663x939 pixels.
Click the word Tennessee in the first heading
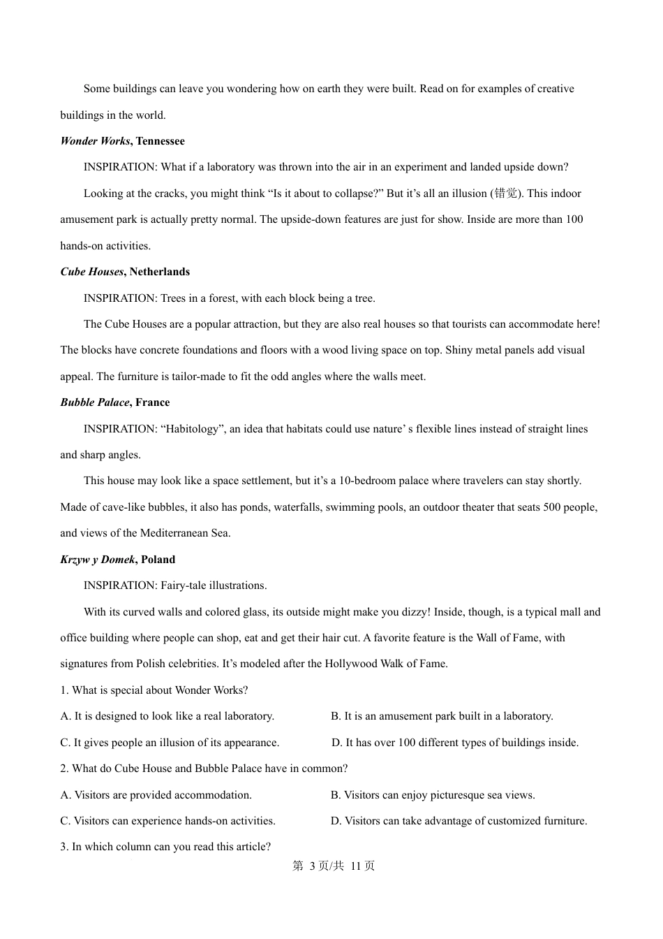pyautogui.click(x=161, y=141)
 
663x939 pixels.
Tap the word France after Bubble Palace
pyautogui.click(x=153, y=402)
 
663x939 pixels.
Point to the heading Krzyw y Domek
pyautogui.click(x=98, y=560)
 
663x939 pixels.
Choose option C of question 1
pyautogui.click(x=170, y=743)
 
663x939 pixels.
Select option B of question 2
pyautogui.click(x=433, y=795)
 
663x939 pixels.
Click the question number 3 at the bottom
pyautogui.click(x=64, y=847)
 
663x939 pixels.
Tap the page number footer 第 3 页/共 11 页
pyautogui.click(x=333, y=866)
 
